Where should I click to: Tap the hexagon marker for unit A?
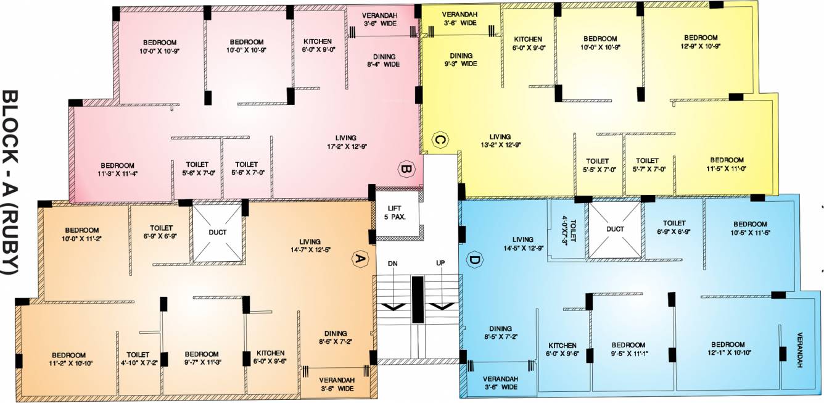point(357,260)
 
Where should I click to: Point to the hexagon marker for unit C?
point(439,141)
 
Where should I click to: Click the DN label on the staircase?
point(392,263)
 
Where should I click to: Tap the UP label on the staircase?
point(440,263)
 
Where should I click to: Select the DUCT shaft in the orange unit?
point(217,233)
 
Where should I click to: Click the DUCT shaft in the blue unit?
point(614,229)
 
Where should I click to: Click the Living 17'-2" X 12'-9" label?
point(346,142)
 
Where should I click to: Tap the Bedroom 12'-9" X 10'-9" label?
point(700,41)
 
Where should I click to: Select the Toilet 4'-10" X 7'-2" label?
point(138,359)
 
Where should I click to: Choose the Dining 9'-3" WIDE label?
point(461,59)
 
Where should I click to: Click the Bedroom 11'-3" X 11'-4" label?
point(118,169)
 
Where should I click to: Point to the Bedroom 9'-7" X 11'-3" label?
point(202,358)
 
